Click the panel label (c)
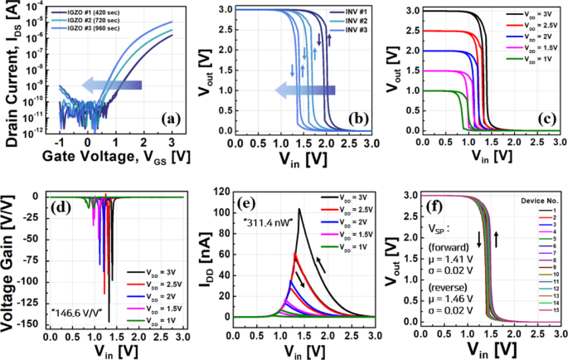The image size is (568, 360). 547,119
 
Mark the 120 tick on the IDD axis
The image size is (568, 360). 221,193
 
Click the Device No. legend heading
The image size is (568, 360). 536,200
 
